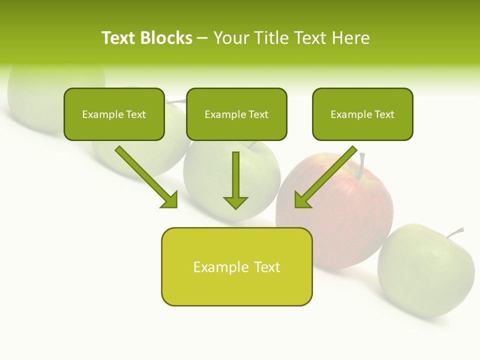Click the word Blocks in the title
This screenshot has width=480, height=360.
coord(166,38)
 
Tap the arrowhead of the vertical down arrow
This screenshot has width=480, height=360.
coord(235,202)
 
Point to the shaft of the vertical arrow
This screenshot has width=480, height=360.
coord(235,172)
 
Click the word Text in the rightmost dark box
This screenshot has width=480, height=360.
coord(384,114)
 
